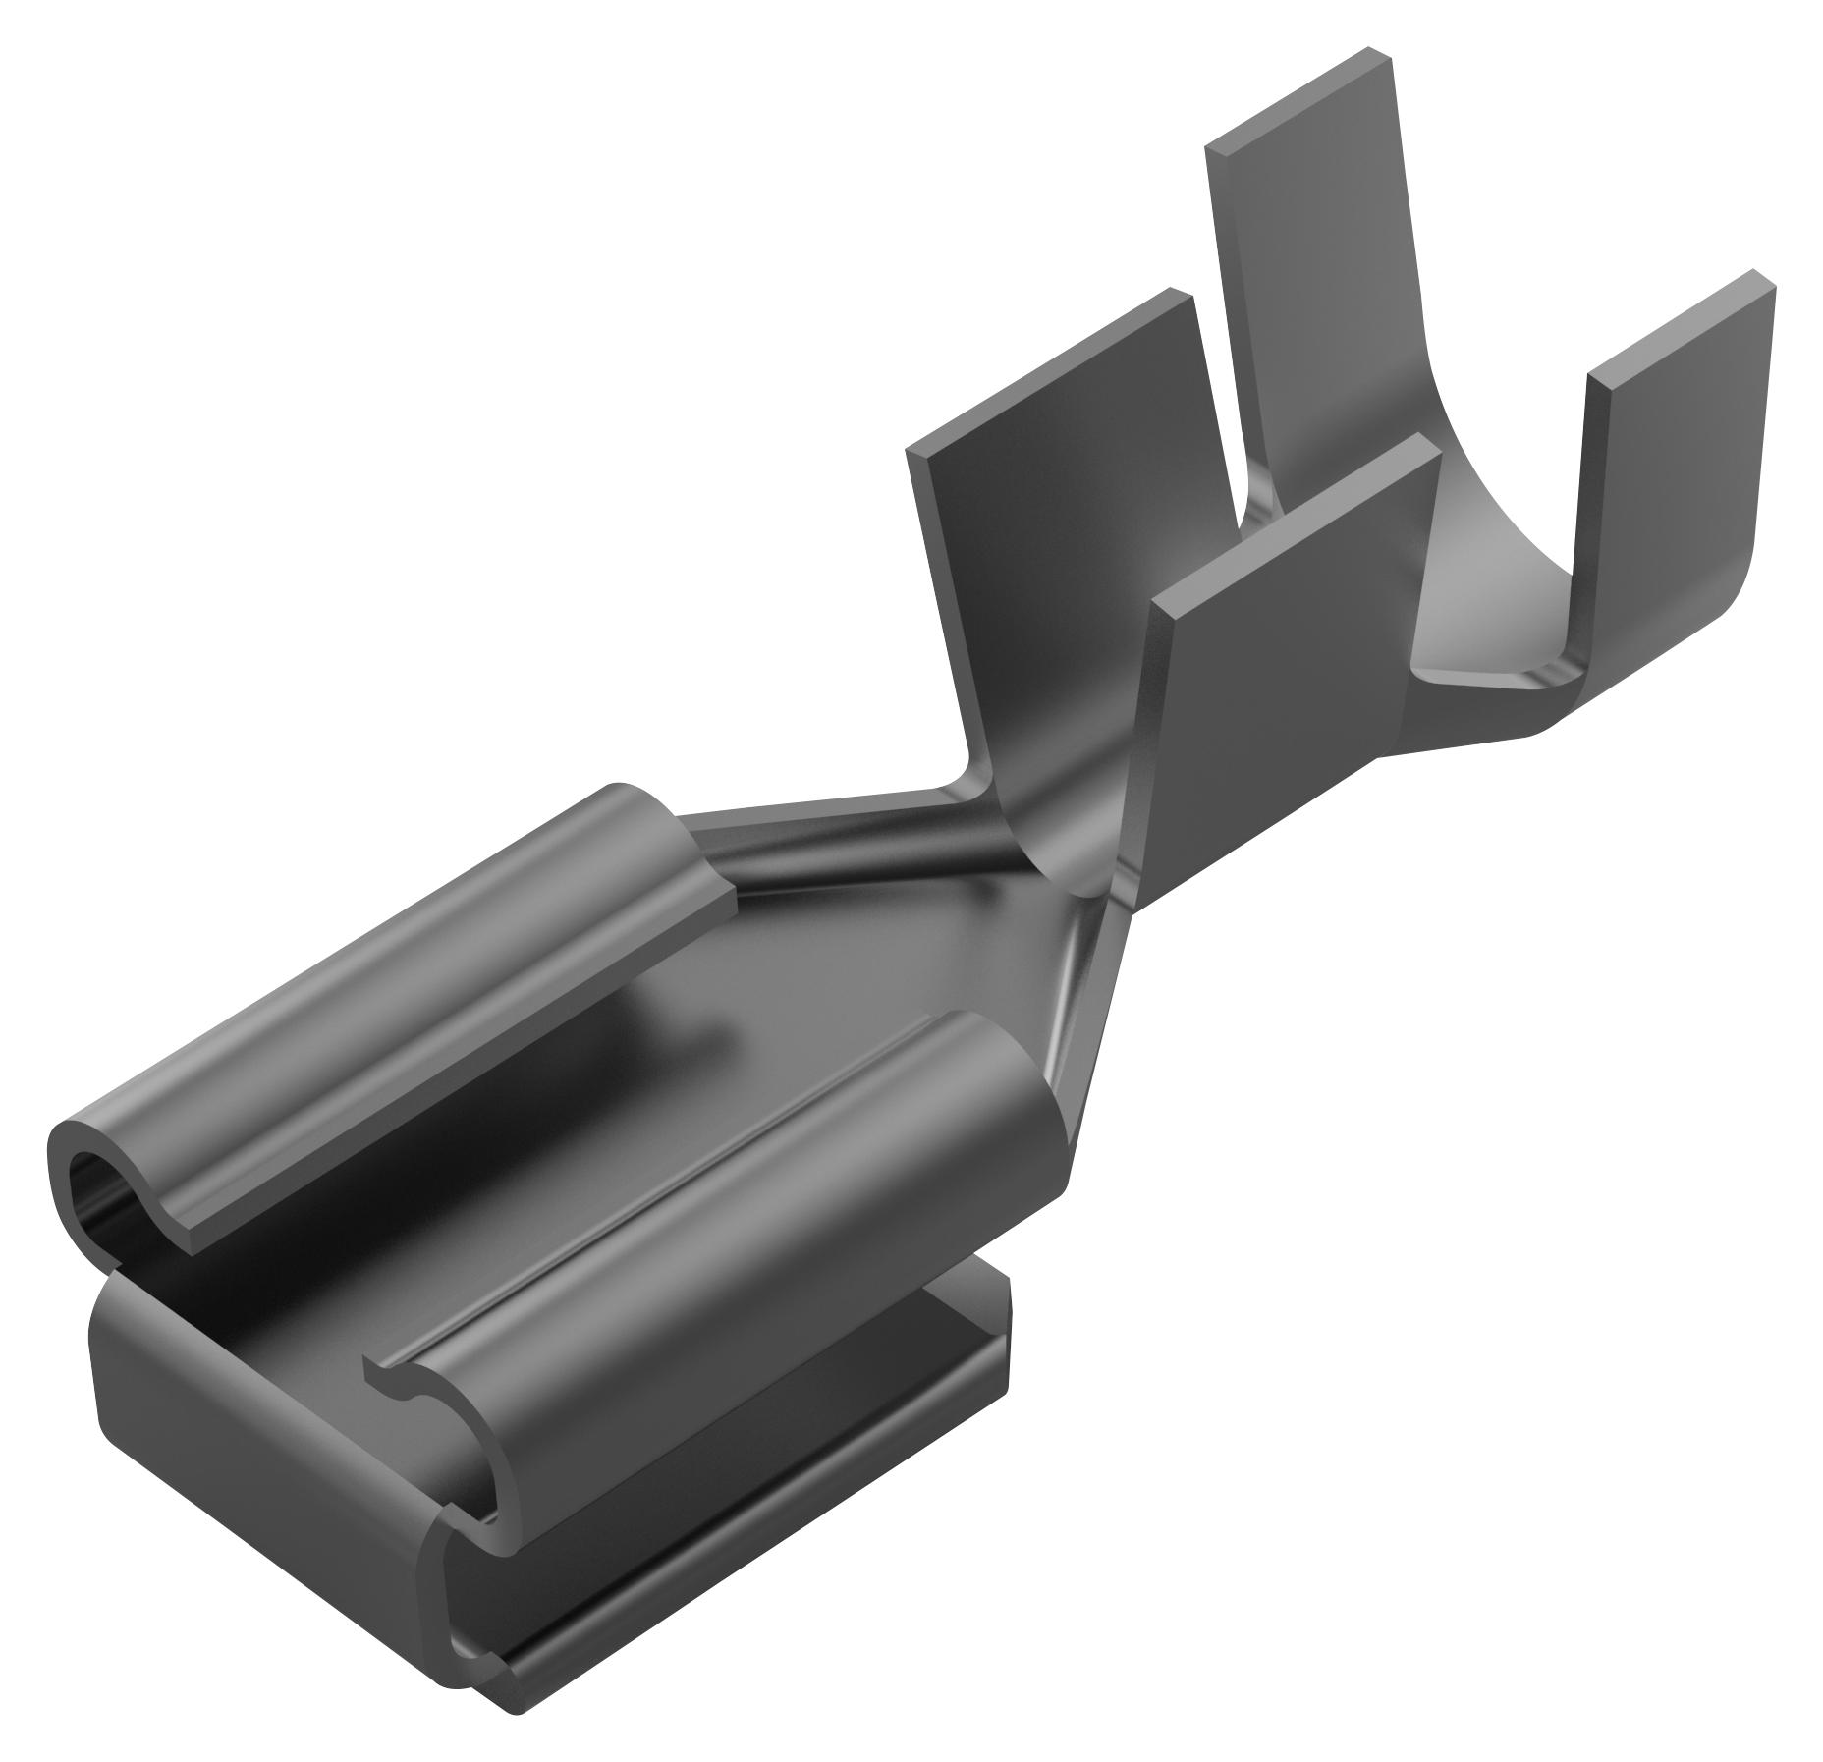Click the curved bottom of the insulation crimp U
pyautogui.click(x=1503, y=638)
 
